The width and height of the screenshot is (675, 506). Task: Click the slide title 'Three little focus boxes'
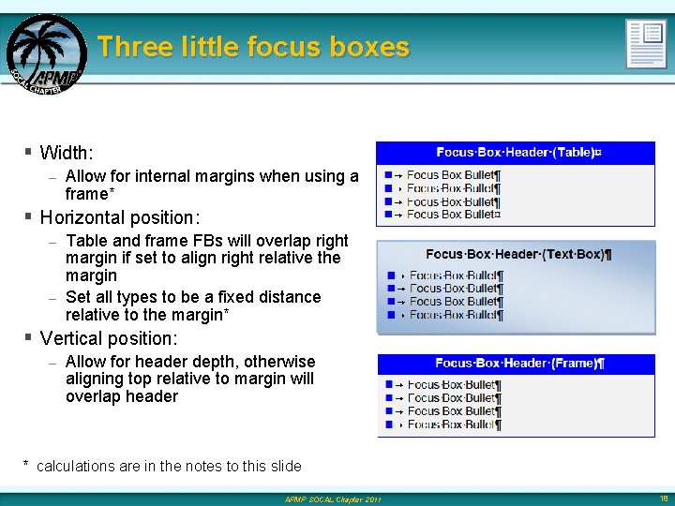click(x=253, y=47)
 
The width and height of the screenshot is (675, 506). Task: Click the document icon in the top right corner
click(x=646, y=43)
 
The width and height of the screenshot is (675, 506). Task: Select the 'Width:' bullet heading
click(x=67, y=152)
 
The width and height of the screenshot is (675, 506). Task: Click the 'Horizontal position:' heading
click(x=120, y=217)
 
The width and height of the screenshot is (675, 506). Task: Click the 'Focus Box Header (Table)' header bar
click(x=515, y=153)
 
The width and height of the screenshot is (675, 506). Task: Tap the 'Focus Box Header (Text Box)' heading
click(x=517, y=254)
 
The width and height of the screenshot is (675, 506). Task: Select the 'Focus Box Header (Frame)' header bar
click(x=518, y=364)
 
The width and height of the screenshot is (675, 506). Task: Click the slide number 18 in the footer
click(x=663, y=499)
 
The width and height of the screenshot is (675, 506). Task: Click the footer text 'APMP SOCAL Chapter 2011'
click(x=334, y=499)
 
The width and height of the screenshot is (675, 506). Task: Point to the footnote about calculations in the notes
click(x=163, y=466)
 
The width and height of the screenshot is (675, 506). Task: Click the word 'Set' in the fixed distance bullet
click(x=79, y=297)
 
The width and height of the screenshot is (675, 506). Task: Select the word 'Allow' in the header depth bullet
click(x=87, y=362)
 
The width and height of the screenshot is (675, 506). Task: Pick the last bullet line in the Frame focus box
click(x=454, y=424)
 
